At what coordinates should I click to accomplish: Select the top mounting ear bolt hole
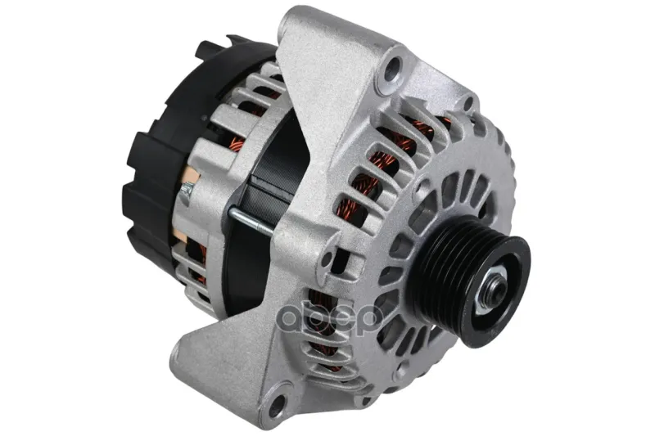(393, 69)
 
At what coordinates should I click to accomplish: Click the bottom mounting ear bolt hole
(276, 404)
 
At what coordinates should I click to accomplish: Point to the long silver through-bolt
(251, 221)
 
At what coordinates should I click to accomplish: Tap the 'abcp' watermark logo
(331, 320)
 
